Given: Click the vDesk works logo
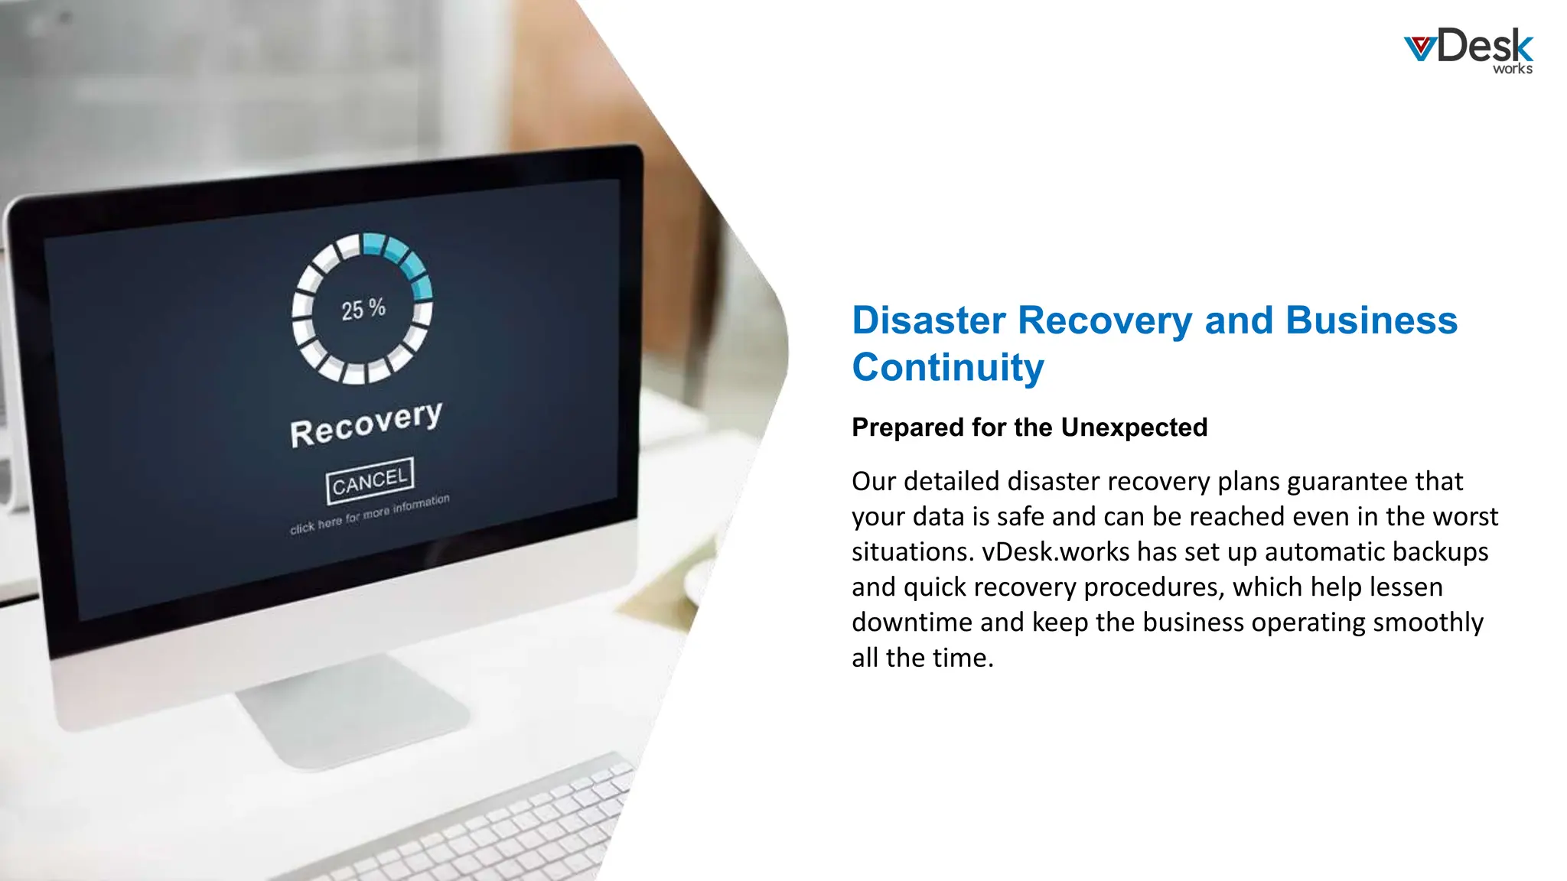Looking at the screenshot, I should click(x=1468, y=50).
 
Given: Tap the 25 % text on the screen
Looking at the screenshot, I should click(x=363, y=309).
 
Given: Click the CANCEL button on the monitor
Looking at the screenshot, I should click(x=370, y=481).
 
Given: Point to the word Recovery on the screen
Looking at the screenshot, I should click(x=366, y=424).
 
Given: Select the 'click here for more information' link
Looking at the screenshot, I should click(x=370, y=513).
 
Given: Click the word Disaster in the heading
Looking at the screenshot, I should click(x=929, y=320).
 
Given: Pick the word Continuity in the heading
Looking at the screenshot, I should click(x=948, y=368).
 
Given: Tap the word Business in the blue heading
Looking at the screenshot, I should click(x=1371, y=320).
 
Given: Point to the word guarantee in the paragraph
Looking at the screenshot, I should click(x=1347, y=481).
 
